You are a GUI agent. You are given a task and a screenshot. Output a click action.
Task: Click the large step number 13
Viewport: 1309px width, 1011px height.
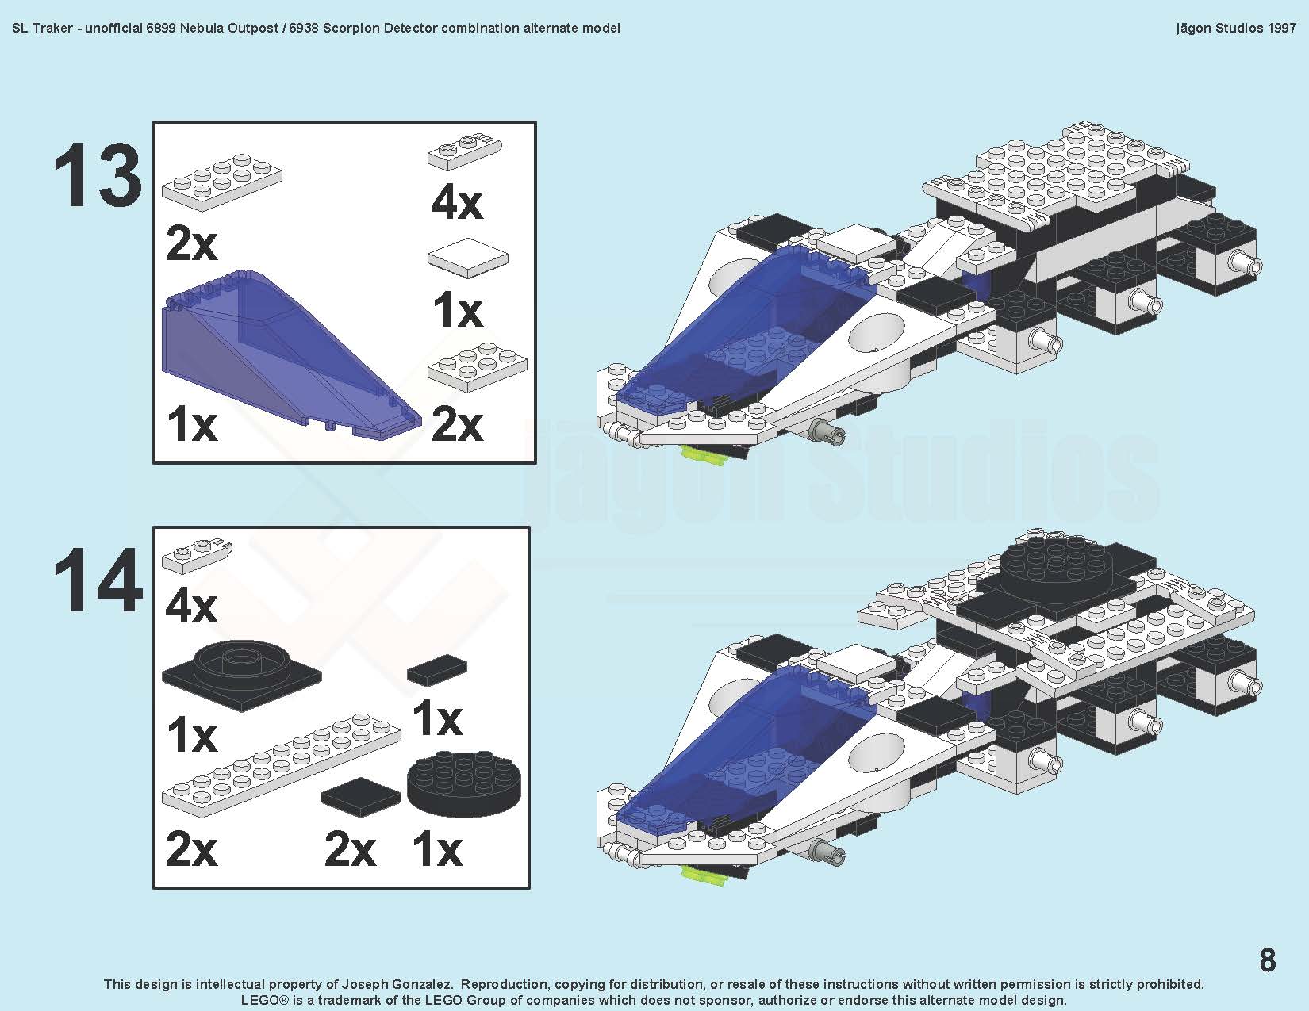pyautogui.click(x=98, y=175)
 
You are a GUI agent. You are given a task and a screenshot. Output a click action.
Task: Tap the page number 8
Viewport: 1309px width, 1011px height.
pyautogui.click(x=1268, y=959)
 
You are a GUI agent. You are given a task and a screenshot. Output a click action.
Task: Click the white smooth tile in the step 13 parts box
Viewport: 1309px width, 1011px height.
pyautogui.click(x=467, y=257)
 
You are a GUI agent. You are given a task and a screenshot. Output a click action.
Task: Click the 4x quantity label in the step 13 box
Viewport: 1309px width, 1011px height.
pyautogui.click(x=457, y=204)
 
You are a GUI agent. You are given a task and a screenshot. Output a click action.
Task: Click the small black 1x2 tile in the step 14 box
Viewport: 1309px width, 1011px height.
pyautogui.click(x=437, y=670)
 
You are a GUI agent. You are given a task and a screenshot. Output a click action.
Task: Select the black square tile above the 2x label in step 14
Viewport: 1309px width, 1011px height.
pyautogui.click(x=360, y=795)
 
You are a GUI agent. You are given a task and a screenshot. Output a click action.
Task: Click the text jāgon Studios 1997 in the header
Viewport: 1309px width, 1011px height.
pyautogui.click(x=1236, y=28)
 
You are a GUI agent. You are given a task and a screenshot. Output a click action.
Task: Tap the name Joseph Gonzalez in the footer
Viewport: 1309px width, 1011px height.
pyautogui.click(x=397, y=984)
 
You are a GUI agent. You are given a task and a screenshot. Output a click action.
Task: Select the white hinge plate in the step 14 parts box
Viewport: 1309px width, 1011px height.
pyautogui.click(x=198, y=554)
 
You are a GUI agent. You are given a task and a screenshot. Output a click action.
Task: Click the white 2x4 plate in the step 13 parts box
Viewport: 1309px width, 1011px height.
pyautogui.click(x=221, y=182)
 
